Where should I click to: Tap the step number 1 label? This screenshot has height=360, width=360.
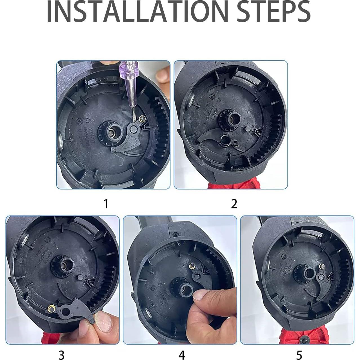(106, 203)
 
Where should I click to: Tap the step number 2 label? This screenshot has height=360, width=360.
(234, 203)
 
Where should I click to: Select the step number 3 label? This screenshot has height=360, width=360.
(61, 355)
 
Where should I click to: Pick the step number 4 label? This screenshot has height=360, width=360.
(182, 355)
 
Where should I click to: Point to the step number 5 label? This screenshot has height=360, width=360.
(299, 355)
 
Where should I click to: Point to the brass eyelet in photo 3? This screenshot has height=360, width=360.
(52, 308)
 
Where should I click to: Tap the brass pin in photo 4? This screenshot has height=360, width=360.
(192, 266)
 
